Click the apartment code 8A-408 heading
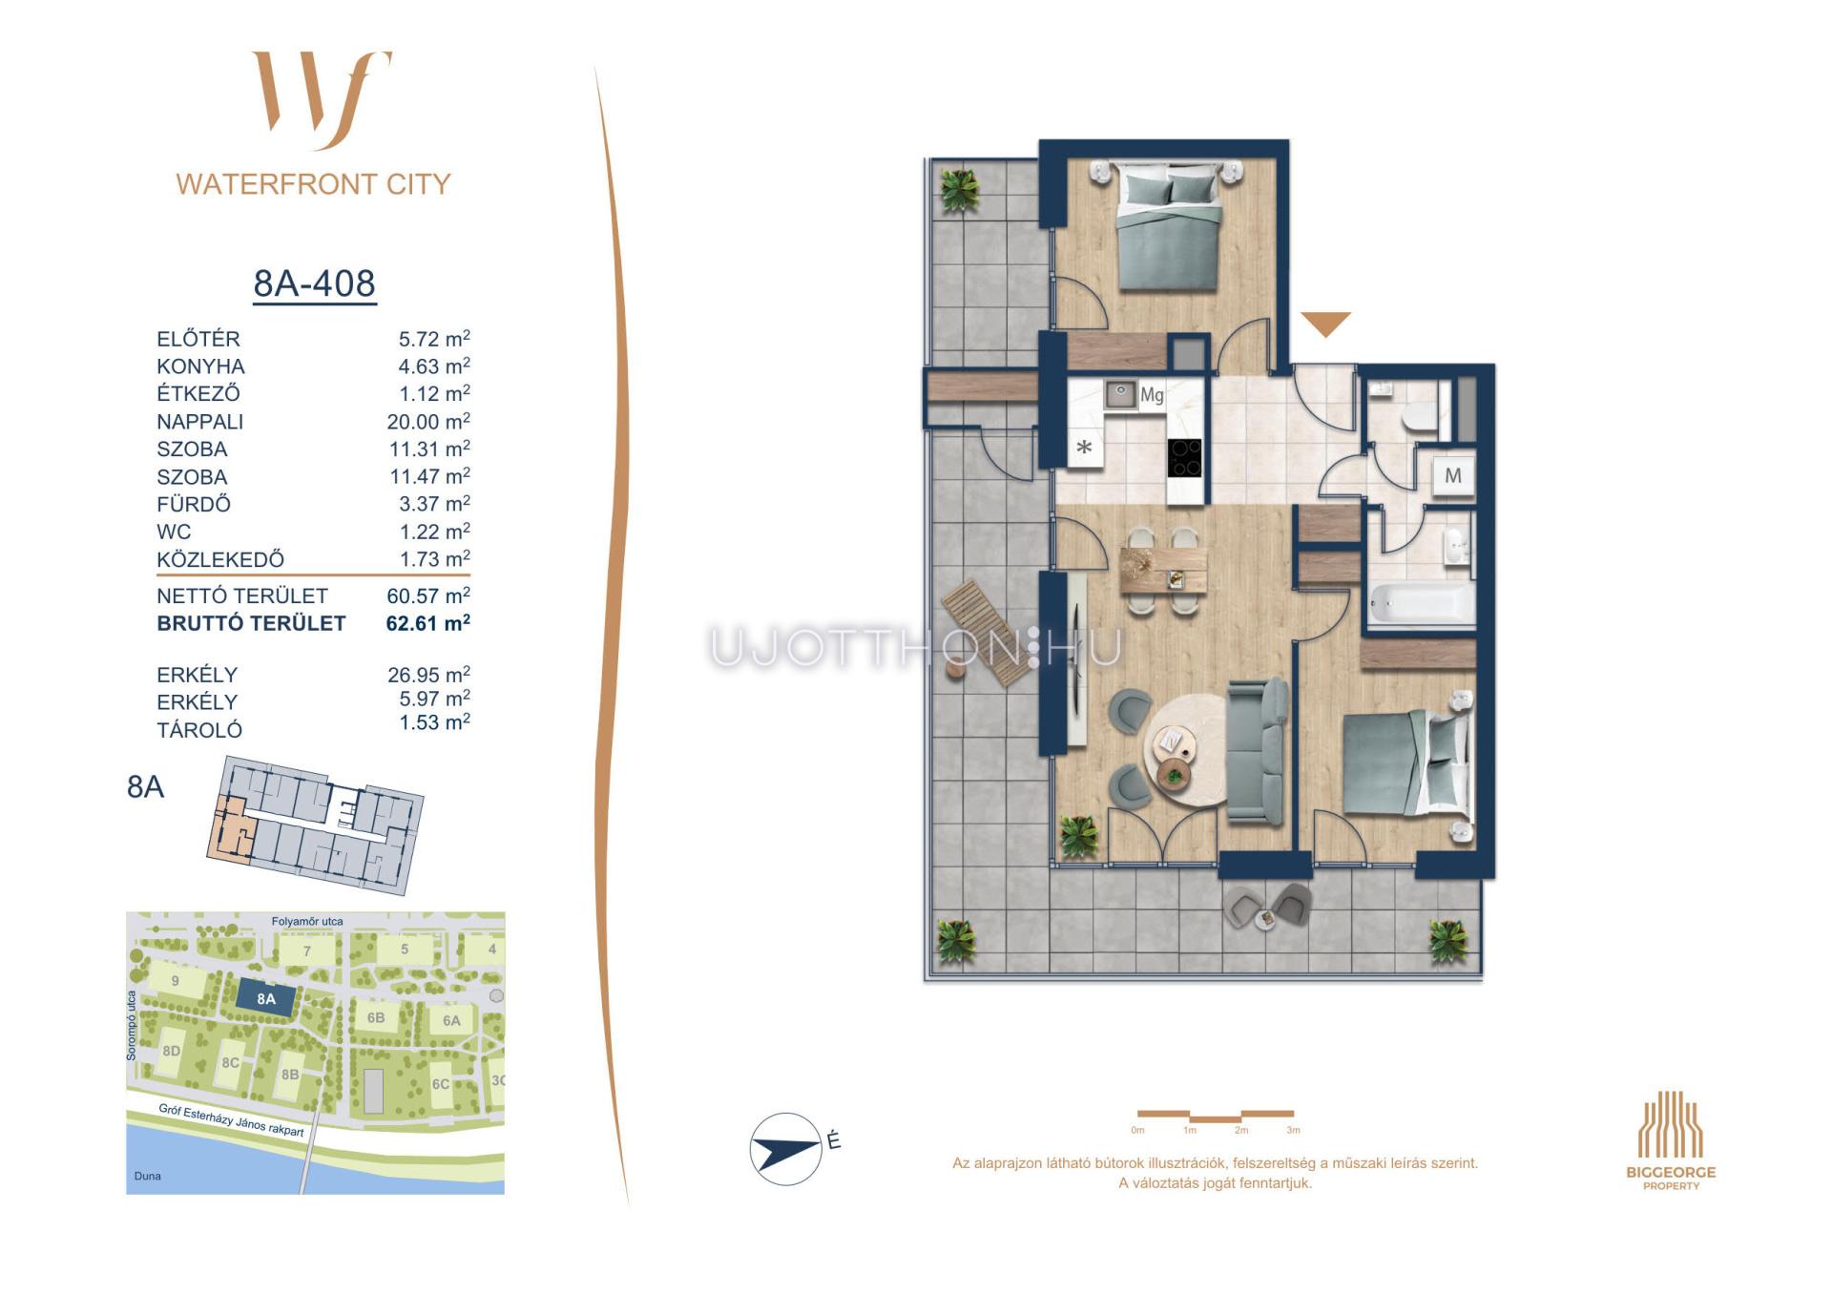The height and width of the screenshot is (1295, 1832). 314,283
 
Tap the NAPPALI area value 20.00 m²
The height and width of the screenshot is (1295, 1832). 428,421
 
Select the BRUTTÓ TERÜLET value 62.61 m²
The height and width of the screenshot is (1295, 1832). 427,623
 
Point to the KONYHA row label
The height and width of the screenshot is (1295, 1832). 200,366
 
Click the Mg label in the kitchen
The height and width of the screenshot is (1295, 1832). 1152,394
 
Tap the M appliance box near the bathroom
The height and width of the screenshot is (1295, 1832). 1453,475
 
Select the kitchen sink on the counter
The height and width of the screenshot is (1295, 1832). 1120,394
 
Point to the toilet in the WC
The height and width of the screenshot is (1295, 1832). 1420,417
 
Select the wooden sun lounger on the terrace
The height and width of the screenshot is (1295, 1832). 987,632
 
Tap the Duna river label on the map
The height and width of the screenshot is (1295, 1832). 148,1176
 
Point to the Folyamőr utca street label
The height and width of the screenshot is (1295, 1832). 307,921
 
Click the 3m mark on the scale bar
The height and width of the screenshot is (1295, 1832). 1293,1130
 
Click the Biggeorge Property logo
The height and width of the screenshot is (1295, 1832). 1671,1140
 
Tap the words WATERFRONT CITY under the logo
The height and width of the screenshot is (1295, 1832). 313,184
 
